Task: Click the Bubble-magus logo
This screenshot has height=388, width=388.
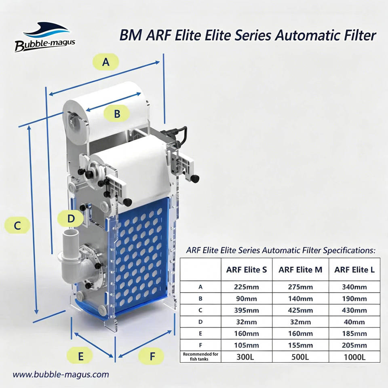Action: point(44,37)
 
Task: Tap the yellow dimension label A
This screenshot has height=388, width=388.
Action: point(105,61)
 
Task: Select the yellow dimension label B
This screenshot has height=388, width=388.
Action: point(117,113)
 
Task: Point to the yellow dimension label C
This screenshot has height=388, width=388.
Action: point(17,225)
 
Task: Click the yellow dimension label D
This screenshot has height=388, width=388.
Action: point(71,219)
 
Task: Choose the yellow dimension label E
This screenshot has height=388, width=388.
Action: point(80,356)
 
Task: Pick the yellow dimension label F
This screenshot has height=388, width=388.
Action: point(152,356)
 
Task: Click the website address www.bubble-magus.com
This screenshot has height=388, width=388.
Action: point(61,374)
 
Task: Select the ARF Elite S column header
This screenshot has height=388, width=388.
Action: point(247,270)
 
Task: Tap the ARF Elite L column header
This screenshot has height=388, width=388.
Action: point(354,270)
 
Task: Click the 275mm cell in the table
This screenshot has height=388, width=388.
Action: point(300,287)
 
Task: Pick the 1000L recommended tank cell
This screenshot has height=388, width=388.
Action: point(354,357)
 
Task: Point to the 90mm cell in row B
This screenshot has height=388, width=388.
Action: point(247,299)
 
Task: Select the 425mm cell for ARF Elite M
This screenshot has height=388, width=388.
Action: point(300,310)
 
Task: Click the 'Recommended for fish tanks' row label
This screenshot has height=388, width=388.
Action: point(200,356)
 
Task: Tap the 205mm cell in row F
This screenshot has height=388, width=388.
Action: point(354,345)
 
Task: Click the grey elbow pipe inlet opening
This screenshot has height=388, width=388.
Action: point(70,233)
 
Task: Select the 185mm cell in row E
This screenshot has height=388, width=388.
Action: point(354,333)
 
